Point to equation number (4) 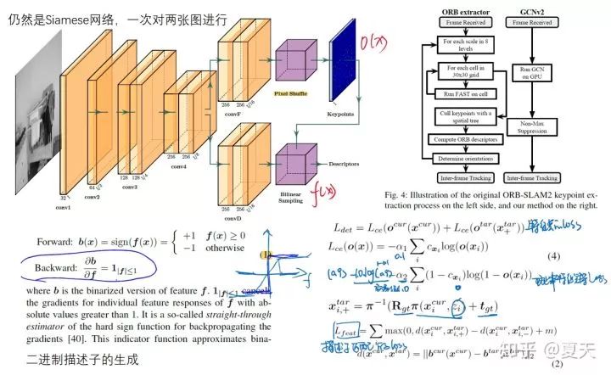click(x=552, y=256)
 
